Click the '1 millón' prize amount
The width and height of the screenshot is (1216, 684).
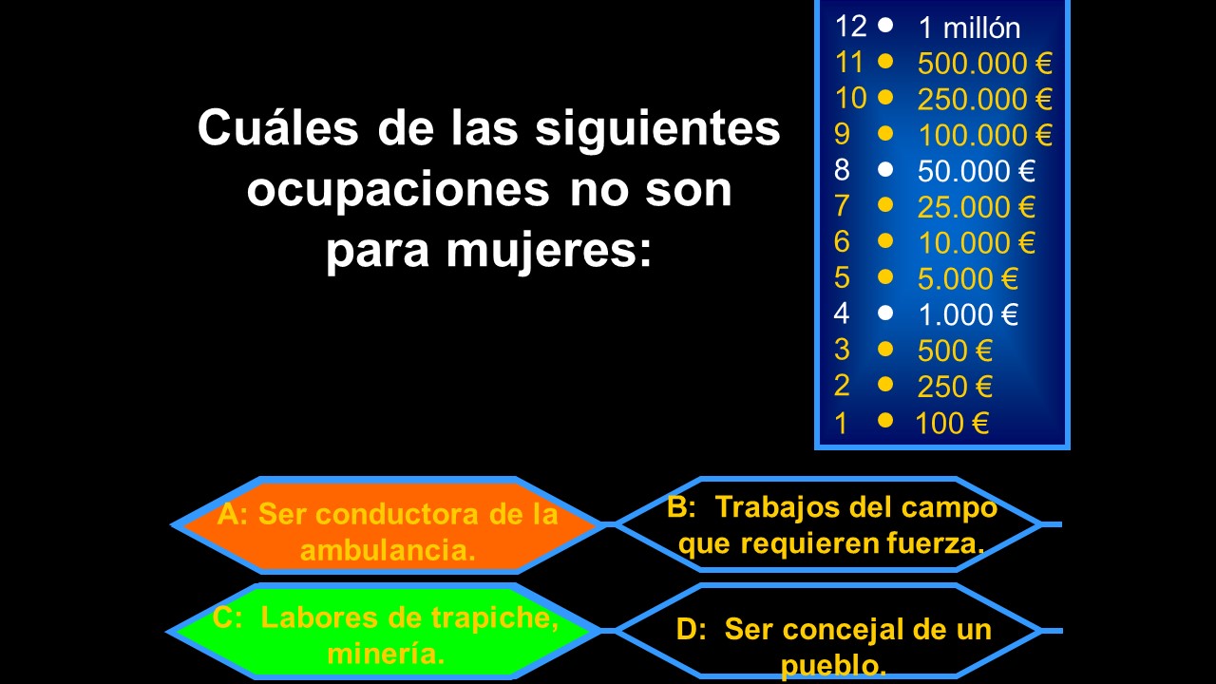(970, 28)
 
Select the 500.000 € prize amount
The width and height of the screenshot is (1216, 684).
(985, 63)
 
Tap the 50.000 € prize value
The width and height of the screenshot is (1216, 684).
(976, 171)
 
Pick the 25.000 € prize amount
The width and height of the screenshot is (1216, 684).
(976, 207)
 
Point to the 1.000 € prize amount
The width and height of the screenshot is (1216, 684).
(968, 314)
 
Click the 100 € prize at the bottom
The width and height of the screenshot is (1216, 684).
(952, 423)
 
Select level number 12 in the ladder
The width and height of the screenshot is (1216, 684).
(850, 26)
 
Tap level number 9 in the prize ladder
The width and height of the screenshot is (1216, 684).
(842, 134)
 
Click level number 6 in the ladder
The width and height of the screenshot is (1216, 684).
(842, 241)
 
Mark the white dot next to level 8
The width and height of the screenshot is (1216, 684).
(885, 169)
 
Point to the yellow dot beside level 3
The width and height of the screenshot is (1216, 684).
(885, 349)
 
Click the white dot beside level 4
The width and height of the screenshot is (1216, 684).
(885, 313)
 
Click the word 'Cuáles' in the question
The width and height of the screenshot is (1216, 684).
(278, 127)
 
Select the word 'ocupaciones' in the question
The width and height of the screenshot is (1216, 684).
(398, 191)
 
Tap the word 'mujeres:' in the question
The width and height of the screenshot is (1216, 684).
(548, 252)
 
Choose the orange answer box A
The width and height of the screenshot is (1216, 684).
(387, 525)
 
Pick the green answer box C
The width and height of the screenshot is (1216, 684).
(383, 632)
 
